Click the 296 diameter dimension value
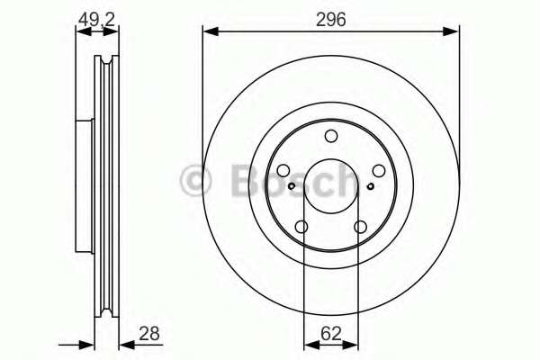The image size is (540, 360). pyautogui.click(x=330, y=20)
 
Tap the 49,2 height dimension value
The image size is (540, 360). pyautogui.click(x=96, y=20)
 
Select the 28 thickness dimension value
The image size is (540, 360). pyautogui.click(x=149, y=334)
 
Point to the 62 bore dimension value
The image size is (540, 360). pyautogui.click(x=331, y=334)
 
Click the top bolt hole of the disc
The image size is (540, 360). pyautogui.click(x=331, y=136)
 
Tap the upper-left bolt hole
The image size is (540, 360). pyautogui.click(x=283, y=170)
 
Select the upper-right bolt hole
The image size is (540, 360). pyautogui.click(x=379, y=170)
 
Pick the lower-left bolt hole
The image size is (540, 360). pyautogui.click(x=301, y=227)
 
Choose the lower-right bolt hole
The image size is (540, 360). pyautogui.click(x=361, y=227)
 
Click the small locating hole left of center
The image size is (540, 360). pyautogui.click(x=292, y=186)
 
